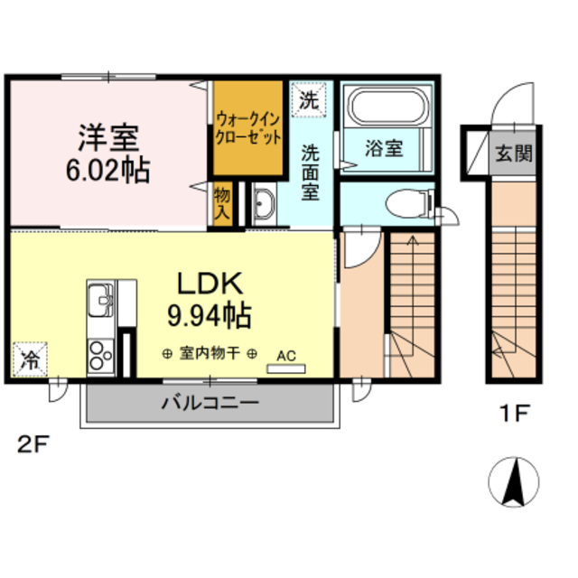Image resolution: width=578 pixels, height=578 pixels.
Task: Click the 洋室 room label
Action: pos(107,138)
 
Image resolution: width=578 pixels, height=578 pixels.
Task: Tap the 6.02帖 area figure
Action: pos(107,169)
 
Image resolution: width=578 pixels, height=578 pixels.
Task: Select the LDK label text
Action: pos(209,284)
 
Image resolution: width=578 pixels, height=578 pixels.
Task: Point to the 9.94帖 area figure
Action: pos(209,315)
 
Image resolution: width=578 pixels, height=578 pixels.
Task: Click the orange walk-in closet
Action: pos(248,127)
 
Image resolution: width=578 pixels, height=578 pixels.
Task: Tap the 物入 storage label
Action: pos(222,203)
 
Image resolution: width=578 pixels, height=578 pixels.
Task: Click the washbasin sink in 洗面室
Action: pos(263,206)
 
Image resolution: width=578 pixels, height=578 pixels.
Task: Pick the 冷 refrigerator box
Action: pos(29,360)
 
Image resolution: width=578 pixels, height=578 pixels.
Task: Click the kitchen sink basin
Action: pos(99,297)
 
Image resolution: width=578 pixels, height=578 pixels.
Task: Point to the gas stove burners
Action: pos(98,355)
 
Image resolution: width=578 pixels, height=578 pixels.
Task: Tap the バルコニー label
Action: pos(210,403)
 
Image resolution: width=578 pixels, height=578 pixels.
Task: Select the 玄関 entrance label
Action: pos(512,153)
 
